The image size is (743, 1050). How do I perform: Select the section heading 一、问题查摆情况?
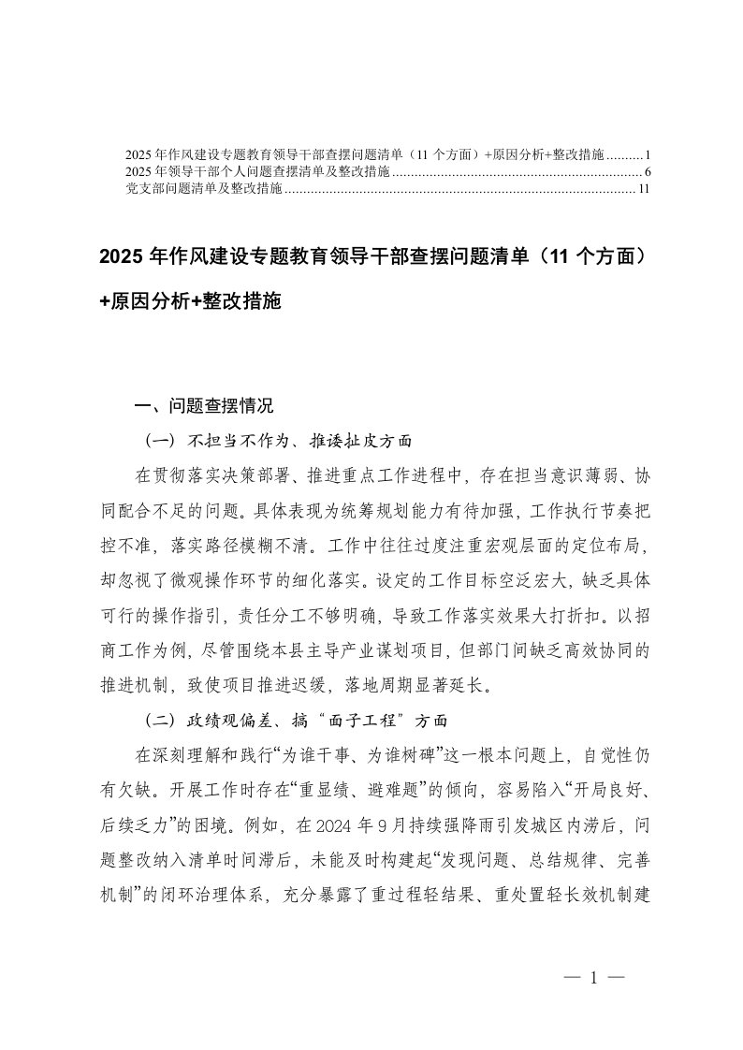pyautogui.click(x=204, y=408)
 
